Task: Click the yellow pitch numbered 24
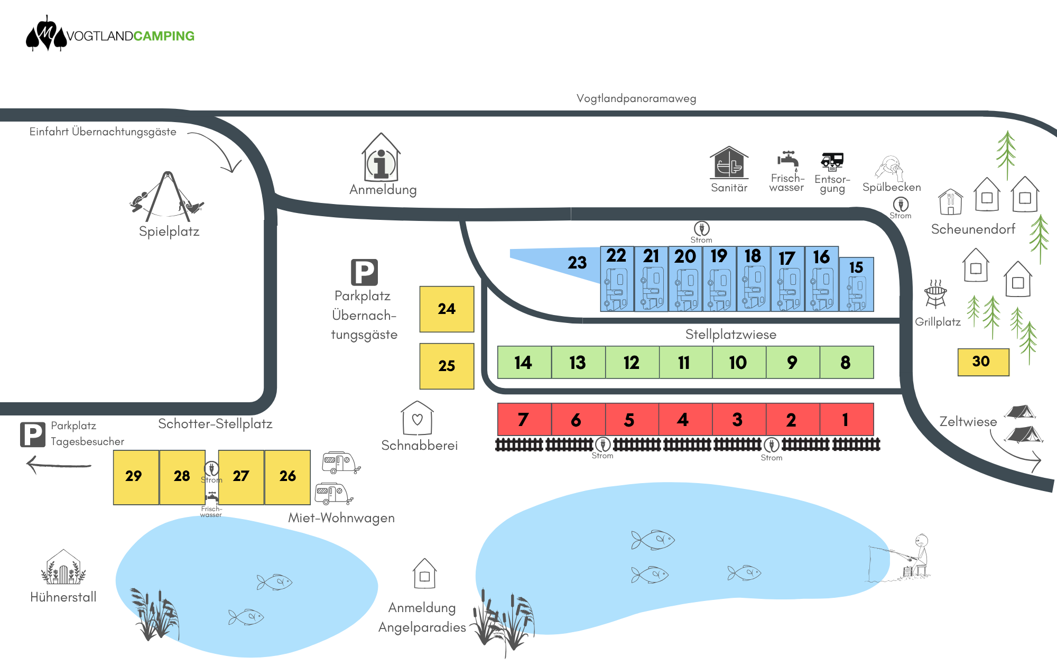pos(447,309)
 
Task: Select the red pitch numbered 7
pos(524,419)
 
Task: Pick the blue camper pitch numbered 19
pos(719,279)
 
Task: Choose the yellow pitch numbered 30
pos(984,362)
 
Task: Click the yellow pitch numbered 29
pos(136,477)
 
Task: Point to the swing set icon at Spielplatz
pos(167,197)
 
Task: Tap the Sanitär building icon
pos(729,162)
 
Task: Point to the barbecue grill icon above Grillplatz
pos(935,294)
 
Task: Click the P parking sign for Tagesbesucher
pos(33,435)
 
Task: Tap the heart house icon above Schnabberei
pos(417,419)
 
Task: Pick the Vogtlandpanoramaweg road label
pos(636,98)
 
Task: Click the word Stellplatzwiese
pos(731,335)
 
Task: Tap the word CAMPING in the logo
pos(164,36)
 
